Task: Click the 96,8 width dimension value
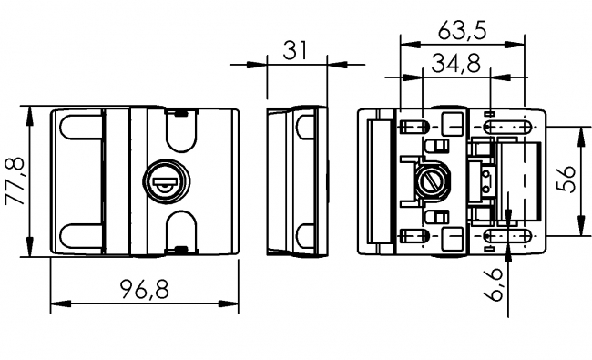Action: [145, 289]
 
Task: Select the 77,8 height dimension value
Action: [15, 180]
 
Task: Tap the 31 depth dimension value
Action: [296, 50]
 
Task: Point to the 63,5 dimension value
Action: [462, 31]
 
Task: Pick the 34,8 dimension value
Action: [455, 63]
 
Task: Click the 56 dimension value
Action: [566, 179]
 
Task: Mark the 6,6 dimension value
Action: [493, 284]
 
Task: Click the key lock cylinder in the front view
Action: [166, 181]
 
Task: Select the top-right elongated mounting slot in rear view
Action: [507, 127]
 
